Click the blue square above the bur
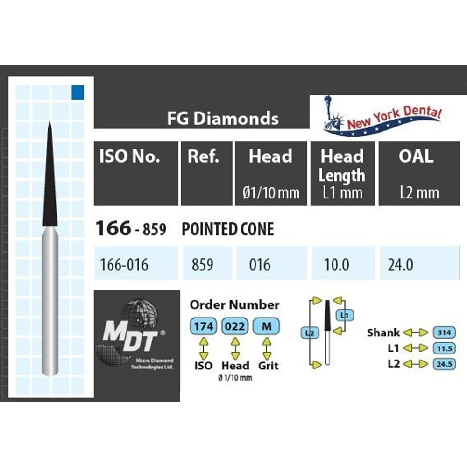(78, 92)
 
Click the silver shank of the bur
(50, 304)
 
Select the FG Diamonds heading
(223, 118)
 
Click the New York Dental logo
(382, 117)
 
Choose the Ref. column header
(204, 157)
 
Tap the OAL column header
(416, 157)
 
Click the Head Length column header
(342, 165)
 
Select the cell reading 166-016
(124, 265)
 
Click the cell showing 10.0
(337, 265)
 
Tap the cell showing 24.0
(400, 265)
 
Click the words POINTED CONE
(227, 229)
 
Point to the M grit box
(266, 326)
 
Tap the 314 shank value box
(444, 332)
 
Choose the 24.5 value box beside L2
(444, 364)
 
